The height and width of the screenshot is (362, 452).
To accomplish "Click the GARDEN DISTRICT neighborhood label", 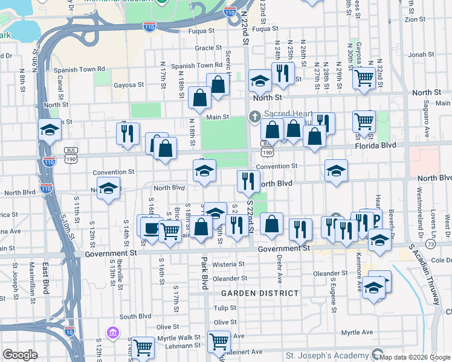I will click(x=260, y=293).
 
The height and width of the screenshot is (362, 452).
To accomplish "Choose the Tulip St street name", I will click(x=225, y=308).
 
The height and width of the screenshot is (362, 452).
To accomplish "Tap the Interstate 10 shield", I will click(x=69, y=331).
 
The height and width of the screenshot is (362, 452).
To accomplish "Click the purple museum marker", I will click(x=112, y=332).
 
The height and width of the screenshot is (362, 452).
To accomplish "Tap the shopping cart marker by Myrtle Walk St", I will click(x=143, y=347).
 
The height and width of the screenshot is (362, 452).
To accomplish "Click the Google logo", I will click(x=21, y=354).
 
